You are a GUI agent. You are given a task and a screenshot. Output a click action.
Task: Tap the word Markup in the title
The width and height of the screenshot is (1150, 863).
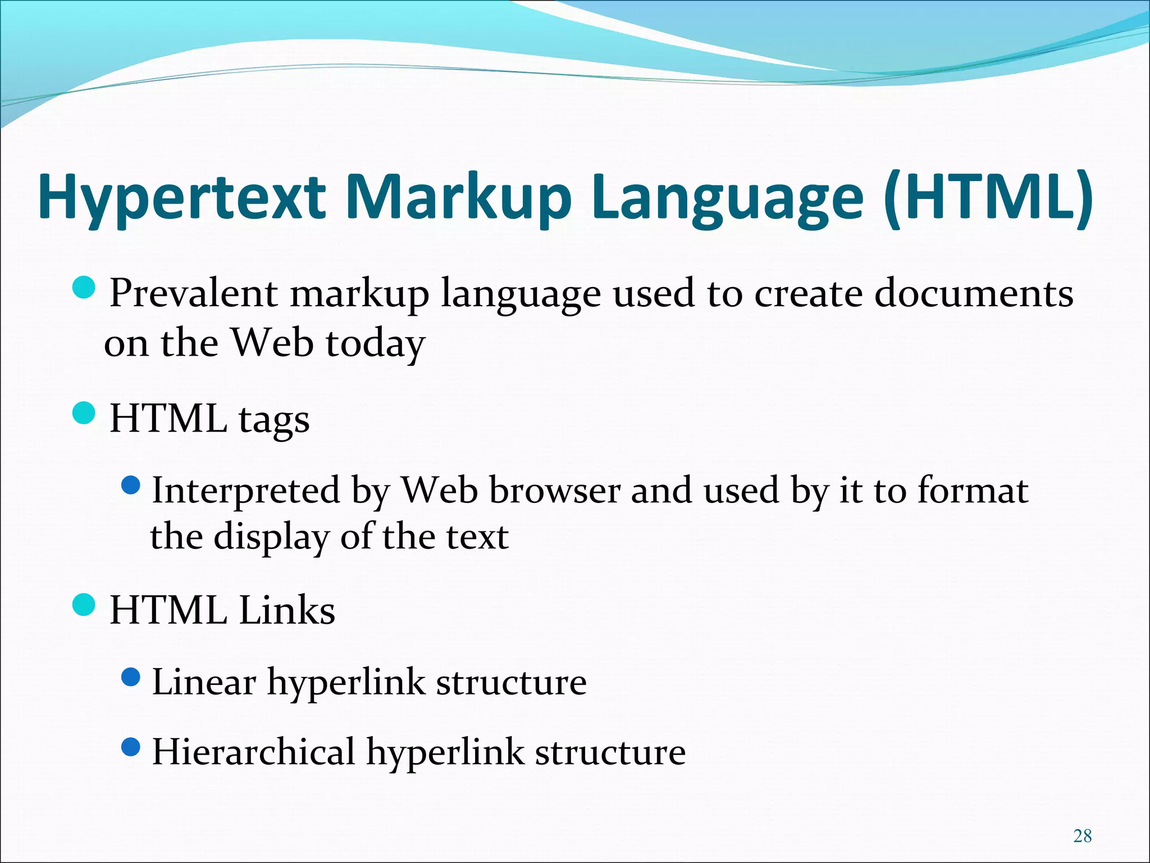(x=458, y=198)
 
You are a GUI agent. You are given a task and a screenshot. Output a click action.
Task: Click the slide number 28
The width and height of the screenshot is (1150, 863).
(x=1082, y=836)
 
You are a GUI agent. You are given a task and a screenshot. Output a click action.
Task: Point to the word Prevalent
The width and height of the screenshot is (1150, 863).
(x=193, y=293)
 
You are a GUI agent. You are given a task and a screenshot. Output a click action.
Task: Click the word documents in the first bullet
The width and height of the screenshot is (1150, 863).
(x=974, y=293)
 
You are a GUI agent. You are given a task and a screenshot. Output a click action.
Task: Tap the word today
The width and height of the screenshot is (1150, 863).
(x=375, y=344)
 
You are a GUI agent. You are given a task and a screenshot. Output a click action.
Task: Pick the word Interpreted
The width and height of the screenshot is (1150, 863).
(x=246, y=491)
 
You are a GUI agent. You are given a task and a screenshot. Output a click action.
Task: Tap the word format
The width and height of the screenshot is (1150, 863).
(x=973, y=490)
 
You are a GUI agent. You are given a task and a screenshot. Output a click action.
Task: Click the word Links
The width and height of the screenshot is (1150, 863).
(x=286, y=610)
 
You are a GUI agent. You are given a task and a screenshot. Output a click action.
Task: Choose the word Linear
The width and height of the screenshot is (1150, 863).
(x=204, y=682)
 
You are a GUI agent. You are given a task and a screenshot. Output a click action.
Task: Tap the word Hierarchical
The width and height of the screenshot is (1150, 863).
(x=253, y=752)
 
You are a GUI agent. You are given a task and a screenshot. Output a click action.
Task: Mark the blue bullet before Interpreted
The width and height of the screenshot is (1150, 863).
(x=130, y=485)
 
